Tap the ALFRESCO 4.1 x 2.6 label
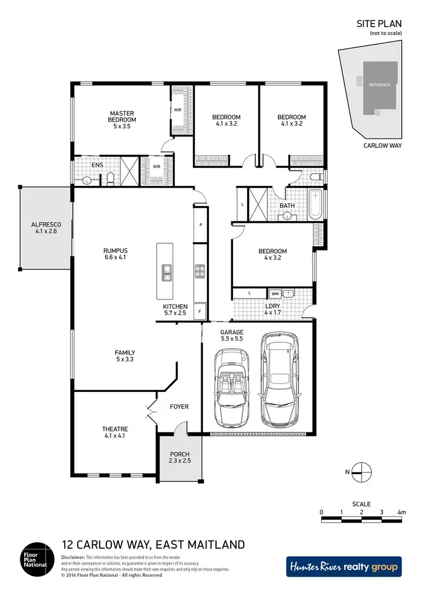46,227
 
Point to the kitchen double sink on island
167,273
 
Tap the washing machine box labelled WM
275,293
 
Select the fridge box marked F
200,311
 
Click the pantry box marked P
200,225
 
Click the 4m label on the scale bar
401,512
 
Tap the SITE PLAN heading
379,24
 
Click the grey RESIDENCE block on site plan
379,85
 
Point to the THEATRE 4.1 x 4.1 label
115,431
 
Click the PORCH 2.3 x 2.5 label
179,457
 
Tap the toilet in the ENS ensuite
111,180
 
